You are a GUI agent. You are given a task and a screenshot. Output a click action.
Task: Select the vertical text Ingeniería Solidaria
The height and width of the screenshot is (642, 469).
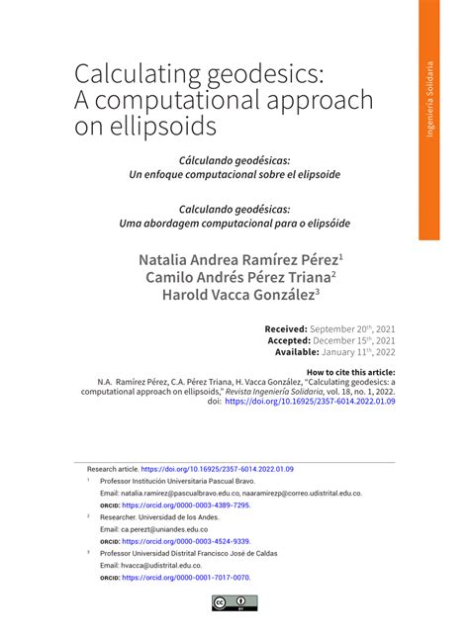[x=429, y=99]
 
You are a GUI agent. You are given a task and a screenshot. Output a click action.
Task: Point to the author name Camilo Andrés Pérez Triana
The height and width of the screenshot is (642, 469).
[x=238, y=277]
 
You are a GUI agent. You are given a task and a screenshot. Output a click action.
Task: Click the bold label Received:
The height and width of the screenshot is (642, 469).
[x=285, y=328]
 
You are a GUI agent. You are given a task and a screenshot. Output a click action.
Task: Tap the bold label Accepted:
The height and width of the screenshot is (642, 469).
[x=283, y=339]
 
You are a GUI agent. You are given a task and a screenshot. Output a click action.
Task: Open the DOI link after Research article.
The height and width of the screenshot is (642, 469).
[x=218, y=469]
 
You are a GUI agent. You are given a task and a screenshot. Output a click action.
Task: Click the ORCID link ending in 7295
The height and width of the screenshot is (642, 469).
[x=185, y=504]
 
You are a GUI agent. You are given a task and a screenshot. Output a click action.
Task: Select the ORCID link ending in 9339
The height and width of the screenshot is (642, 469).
[x=185, y=541]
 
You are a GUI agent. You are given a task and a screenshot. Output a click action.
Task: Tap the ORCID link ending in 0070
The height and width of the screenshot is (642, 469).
[x=185, y=578]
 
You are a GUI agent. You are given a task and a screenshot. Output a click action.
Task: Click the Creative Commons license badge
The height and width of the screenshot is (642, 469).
[x=234, y=602]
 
